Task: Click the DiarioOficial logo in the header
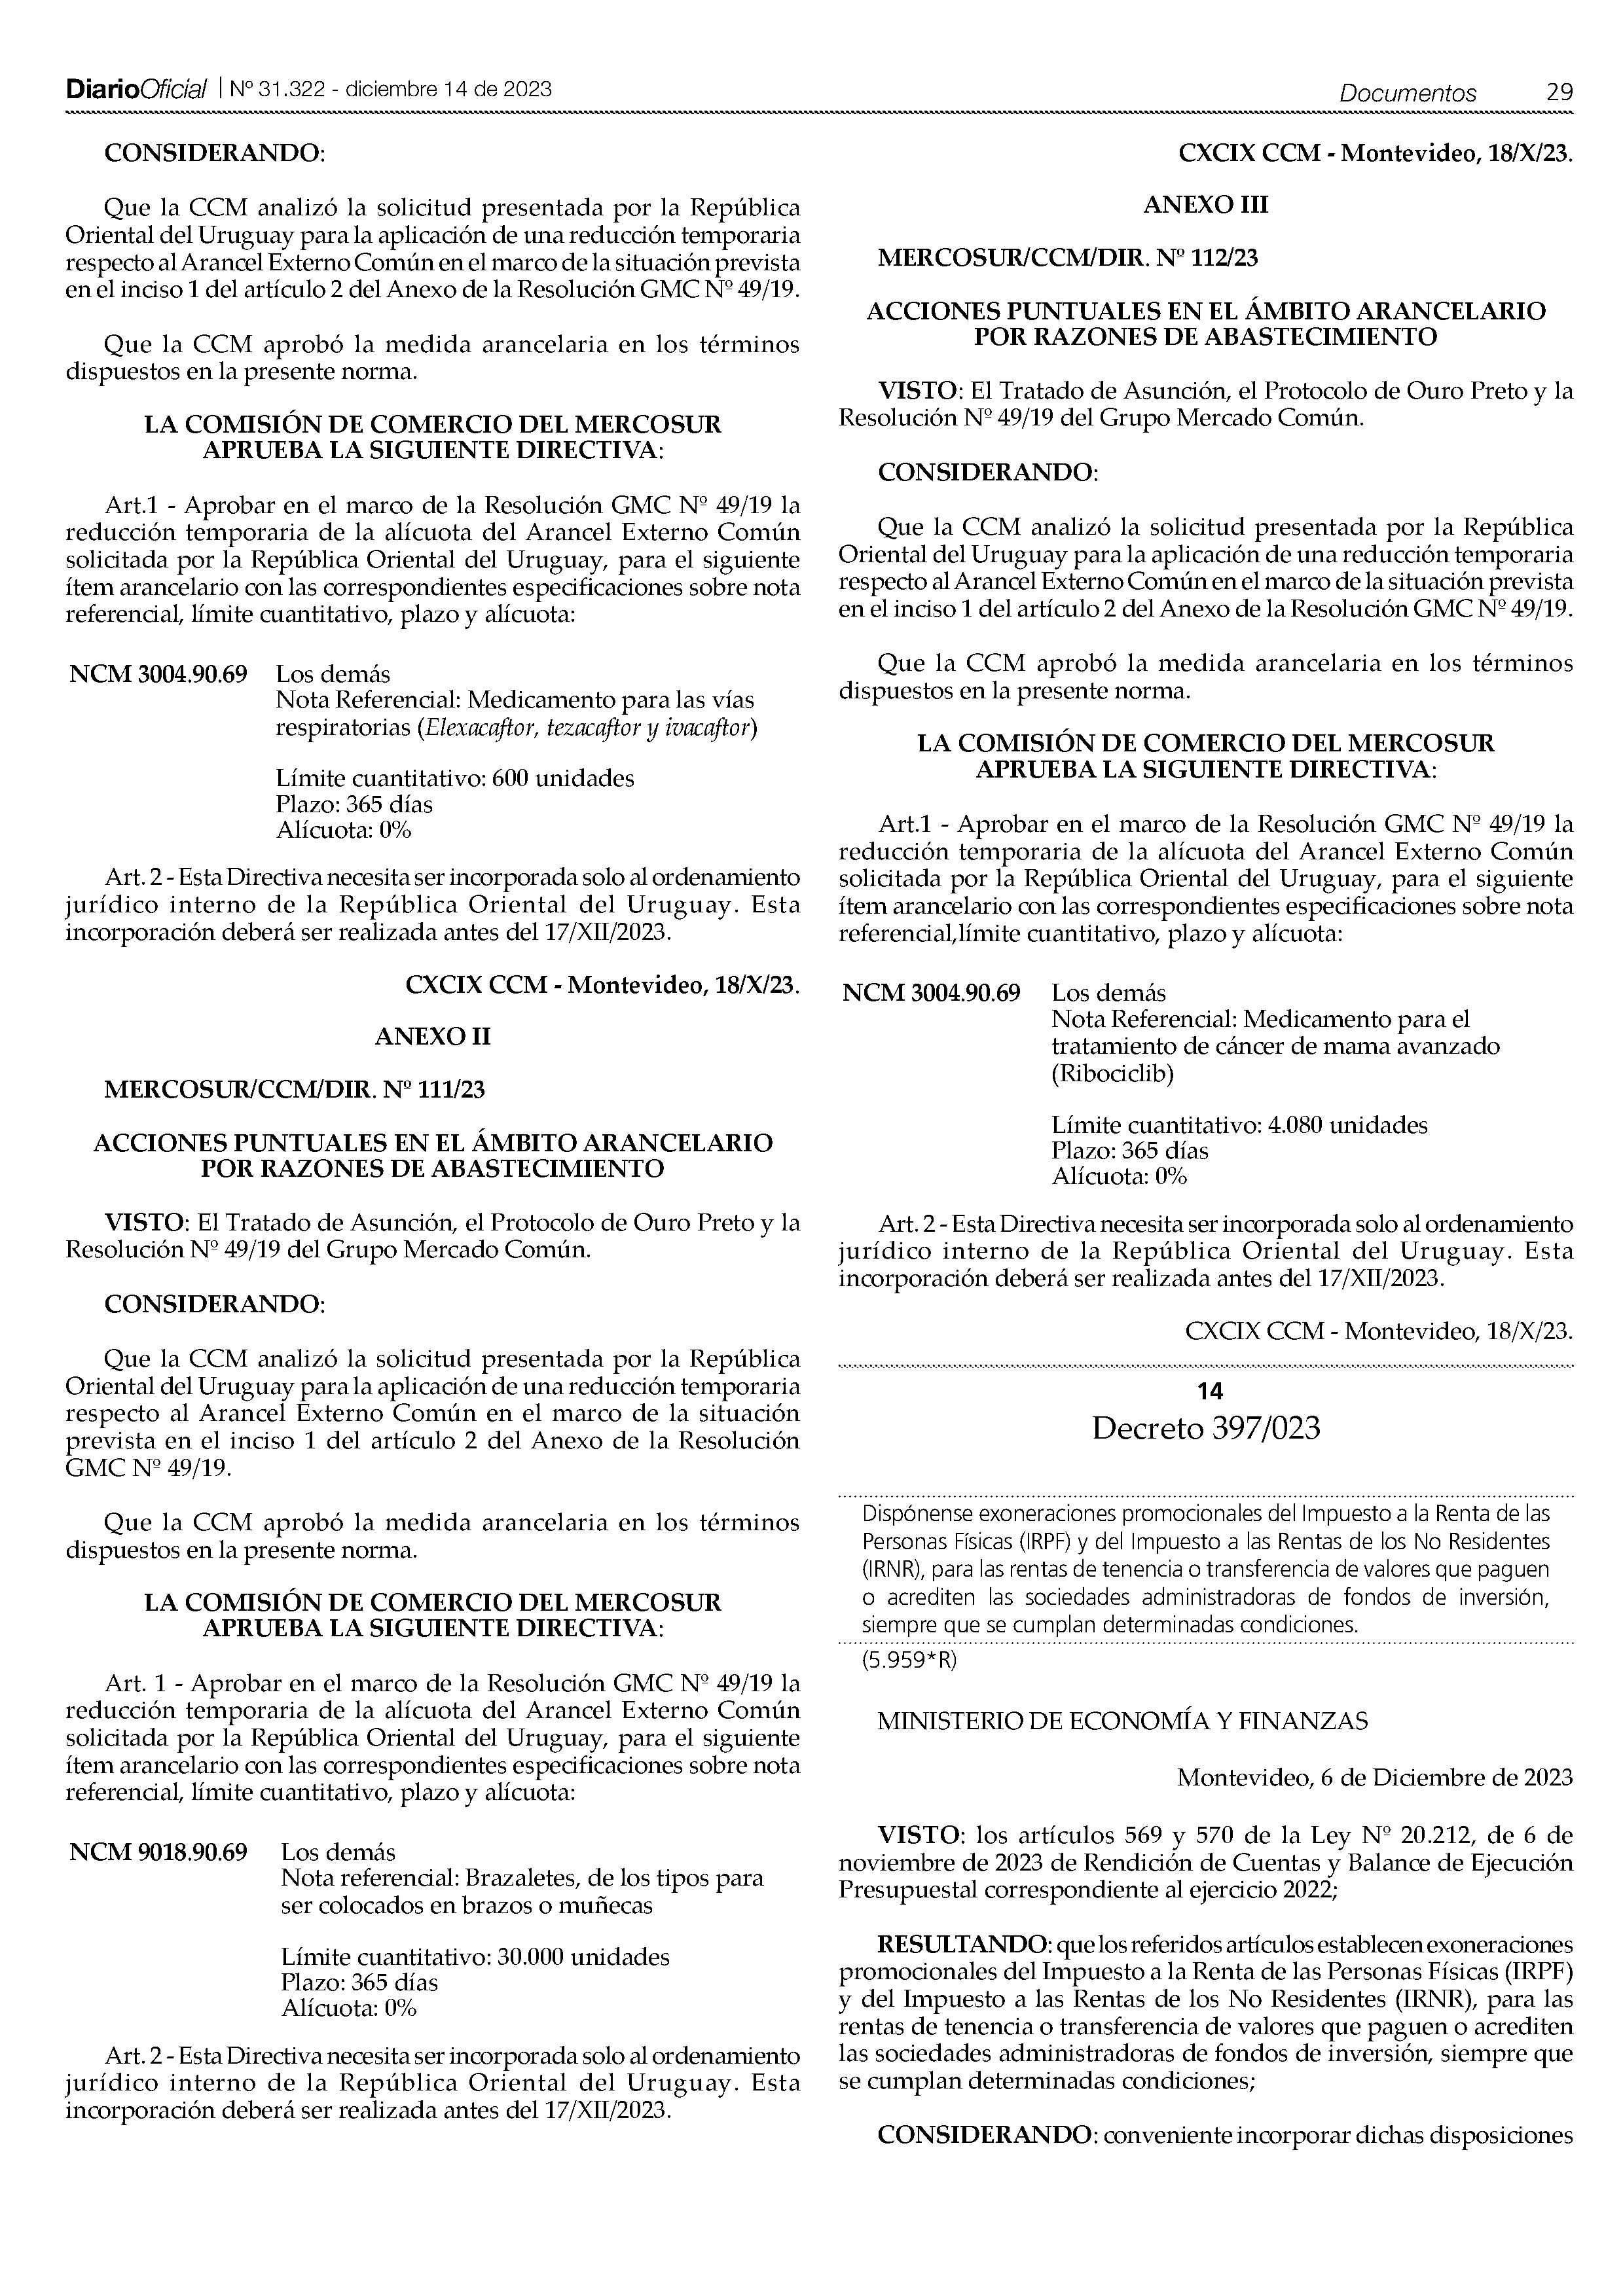tap(136, 90)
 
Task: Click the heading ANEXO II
tap(432, 1036)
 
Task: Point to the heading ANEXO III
tap(1205, 205)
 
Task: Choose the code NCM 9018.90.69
tap(158, 1852)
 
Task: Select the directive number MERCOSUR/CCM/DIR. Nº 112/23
tap(1067, 258)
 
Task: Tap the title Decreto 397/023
tap(1205, 1429)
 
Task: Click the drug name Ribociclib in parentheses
tap(1113, 1074)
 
